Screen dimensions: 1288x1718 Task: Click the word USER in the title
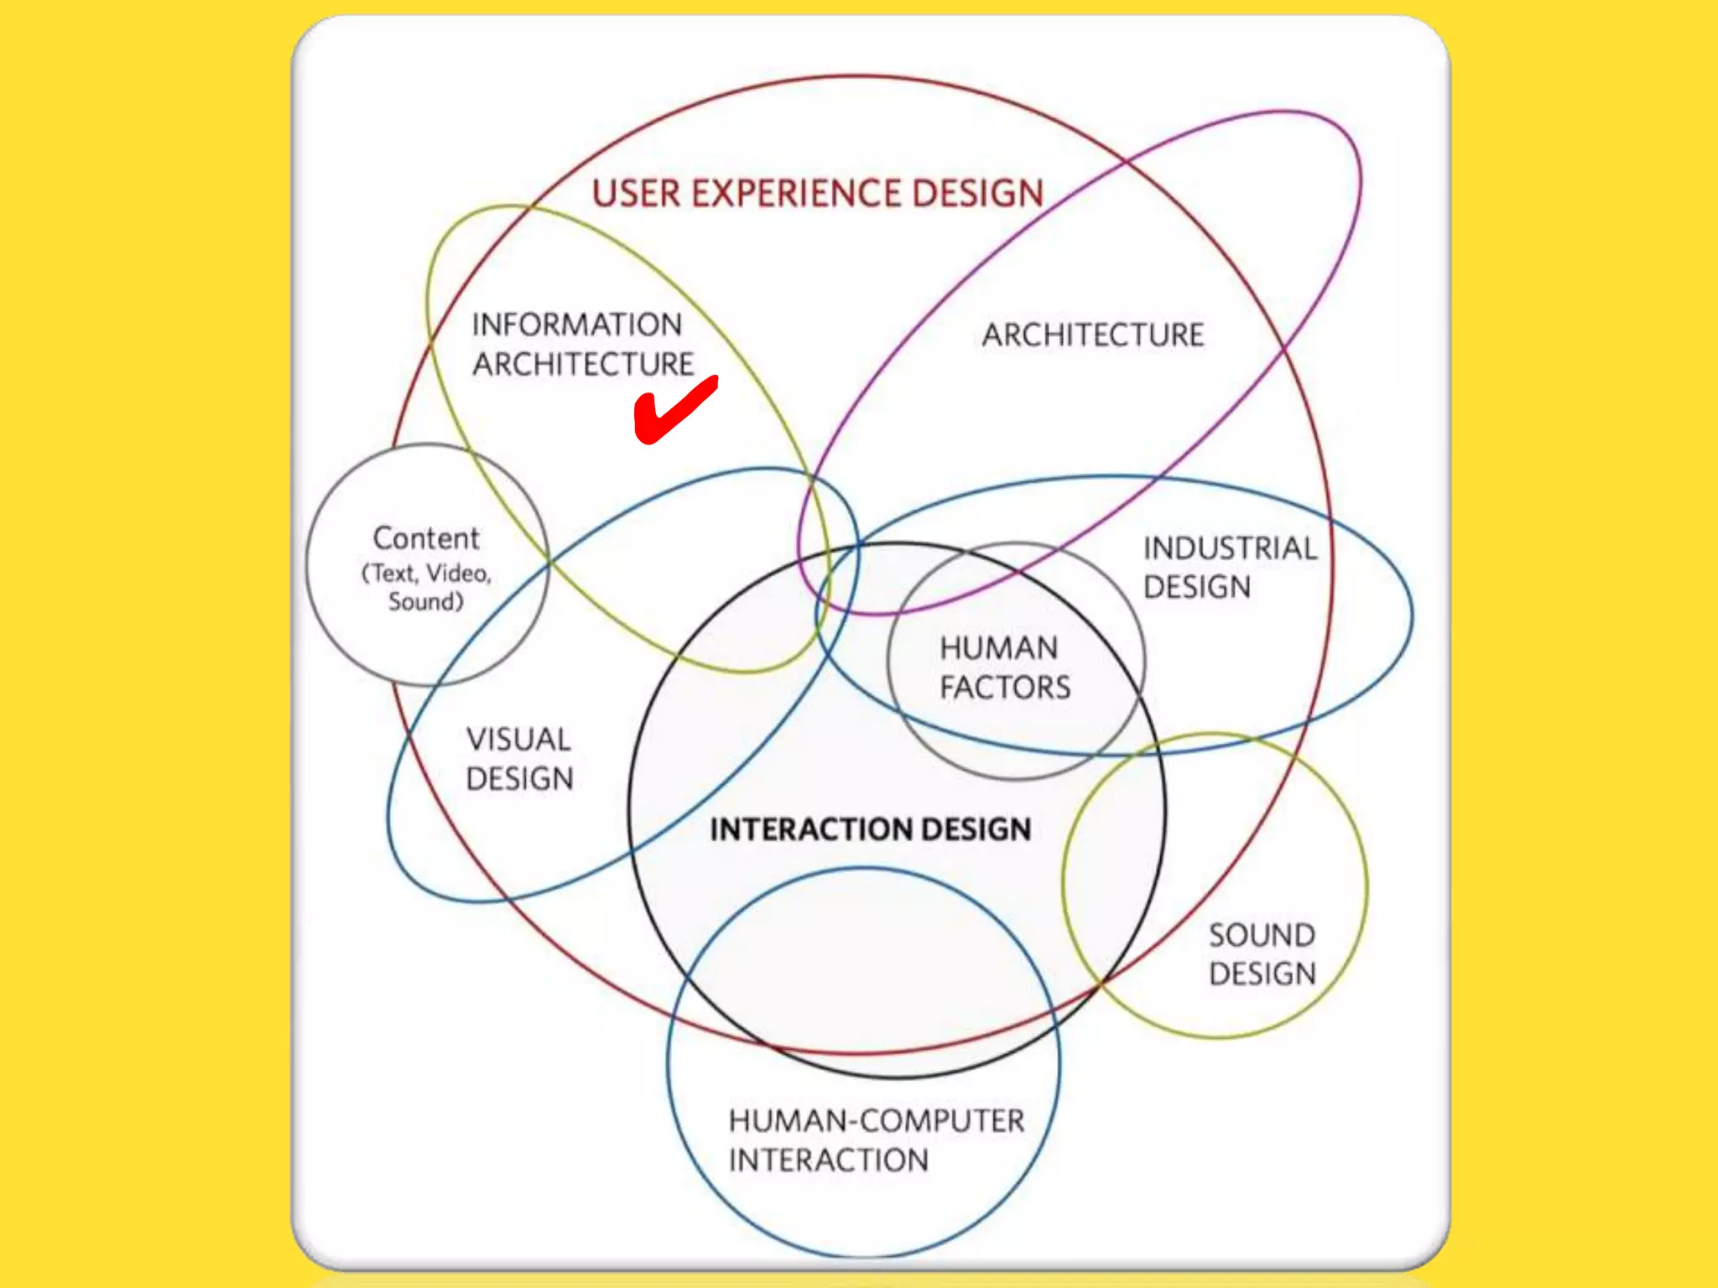636,194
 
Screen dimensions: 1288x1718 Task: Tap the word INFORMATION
576,325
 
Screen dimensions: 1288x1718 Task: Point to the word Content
426,538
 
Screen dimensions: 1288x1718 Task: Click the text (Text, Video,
426,574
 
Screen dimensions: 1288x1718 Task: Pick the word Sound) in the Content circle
425,602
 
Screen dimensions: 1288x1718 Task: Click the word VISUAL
518,740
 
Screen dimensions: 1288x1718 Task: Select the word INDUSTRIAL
1230,548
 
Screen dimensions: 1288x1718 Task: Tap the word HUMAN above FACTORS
998,648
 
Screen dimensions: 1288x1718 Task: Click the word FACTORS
1005,688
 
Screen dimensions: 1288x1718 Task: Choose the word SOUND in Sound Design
1262,935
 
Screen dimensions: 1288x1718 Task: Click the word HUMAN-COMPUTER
877,1121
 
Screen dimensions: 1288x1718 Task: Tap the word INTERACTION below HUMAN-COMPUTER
829,1161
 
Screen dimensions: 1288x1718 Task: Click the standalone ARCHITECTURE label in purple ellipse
1093,335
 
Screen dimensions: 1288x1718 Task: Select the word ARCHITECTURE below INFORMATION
583,365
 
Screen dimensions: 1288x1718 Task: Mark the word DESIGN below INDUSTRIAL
1197,587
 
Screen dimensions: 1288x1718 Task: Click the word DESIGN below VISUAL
519,779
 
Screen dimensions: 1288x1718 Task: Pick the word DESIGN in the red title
977,194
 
